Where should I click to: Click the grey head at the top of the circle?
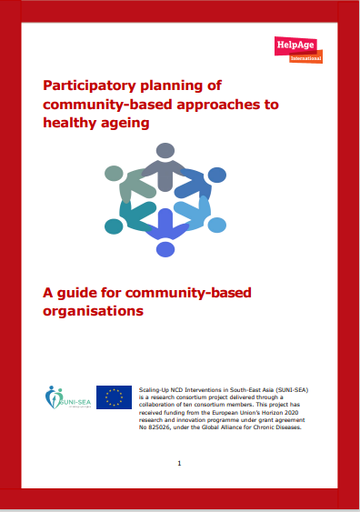[165, 150]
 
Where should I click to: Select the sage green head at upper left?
[114, 173]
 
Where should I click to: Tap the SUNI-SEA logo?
[66, 397]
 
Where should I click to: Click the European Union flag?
[115, 397]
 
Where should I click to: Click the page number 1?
[180, 463]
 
